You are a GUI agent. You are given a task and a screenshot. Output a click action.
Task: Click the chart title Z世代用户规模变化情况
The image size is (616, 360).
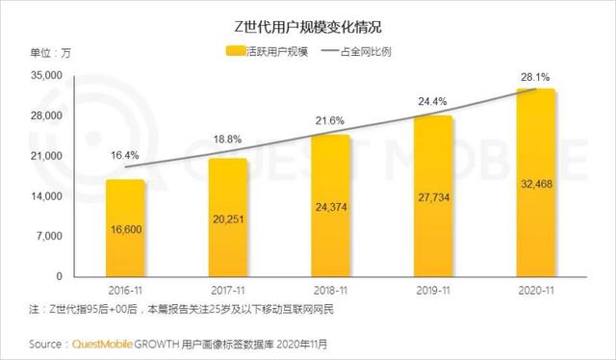click(307, 21)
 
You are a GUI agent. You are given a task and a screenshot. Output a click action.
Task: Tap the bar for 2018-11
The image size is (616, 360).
click(331, 206)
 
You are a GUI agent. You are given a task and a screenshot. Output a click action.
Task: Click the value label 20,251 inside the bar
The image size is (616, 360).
click(227, 219)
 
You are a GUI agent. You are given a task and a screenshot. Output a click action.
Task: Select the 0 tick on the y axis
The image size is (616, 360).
click(60, 276)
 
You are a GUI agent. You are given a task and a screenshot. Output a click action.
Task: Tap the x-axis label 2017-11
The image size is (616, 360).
click(227, 290)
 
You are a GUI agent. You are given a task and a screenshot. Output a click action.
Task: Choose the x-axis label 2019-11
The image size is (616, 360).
click(434, 290)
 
